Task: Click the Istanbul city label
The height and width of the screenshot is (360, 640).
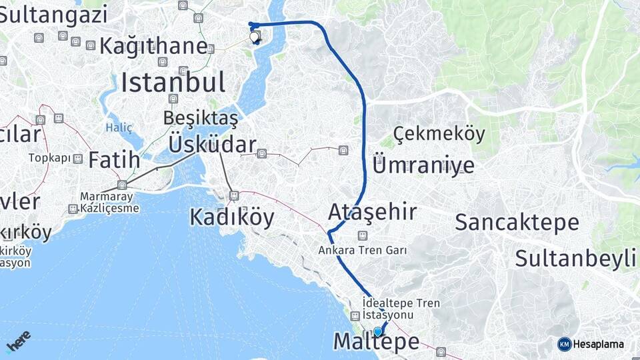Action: pos(173,83)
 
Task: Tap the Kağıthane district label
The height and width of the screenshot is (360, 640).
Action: pos(153,46)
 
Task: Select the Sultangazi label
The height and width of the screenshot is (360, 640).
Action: pos(53,13)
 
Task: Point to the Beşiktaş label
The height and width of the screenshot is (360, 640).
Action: pos(201,119)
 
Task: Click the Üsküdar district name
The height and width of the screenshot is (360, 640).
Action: pos(212,145)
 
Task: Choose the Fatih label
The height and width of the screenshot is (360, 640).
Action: pos(114,160)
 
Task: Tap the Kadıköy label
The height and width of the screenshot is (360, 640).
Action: pos(231,217)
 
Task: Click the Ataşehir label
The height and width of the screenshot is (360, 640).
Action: pos(373,212)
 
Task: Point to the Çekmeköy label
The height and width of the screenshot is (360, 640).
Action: pos(439,134)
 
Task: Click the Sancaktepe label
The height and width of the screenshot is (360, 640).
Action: pos(517,223)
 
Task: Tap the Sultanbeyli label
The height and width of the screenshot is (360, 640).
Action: pos(575,258)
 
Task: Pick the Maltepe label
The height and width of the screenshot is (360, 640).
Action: pos(376,341)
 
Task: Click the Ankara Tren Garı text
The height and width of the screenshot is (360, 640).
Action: pos(363,251)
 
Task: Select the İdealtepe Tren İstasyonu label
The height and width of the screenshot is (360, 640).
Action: pos(401,309)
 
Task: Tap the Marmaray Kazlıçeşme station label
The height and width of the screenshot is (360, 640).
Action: pos(109,202)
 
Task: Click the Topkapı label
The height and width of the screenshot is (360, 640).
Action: pos(49,158)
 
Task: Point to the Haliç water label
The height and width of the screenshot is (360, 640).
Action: pos(119,127)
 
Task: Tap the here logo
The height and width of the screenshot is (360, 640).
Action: pos(19,341)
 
